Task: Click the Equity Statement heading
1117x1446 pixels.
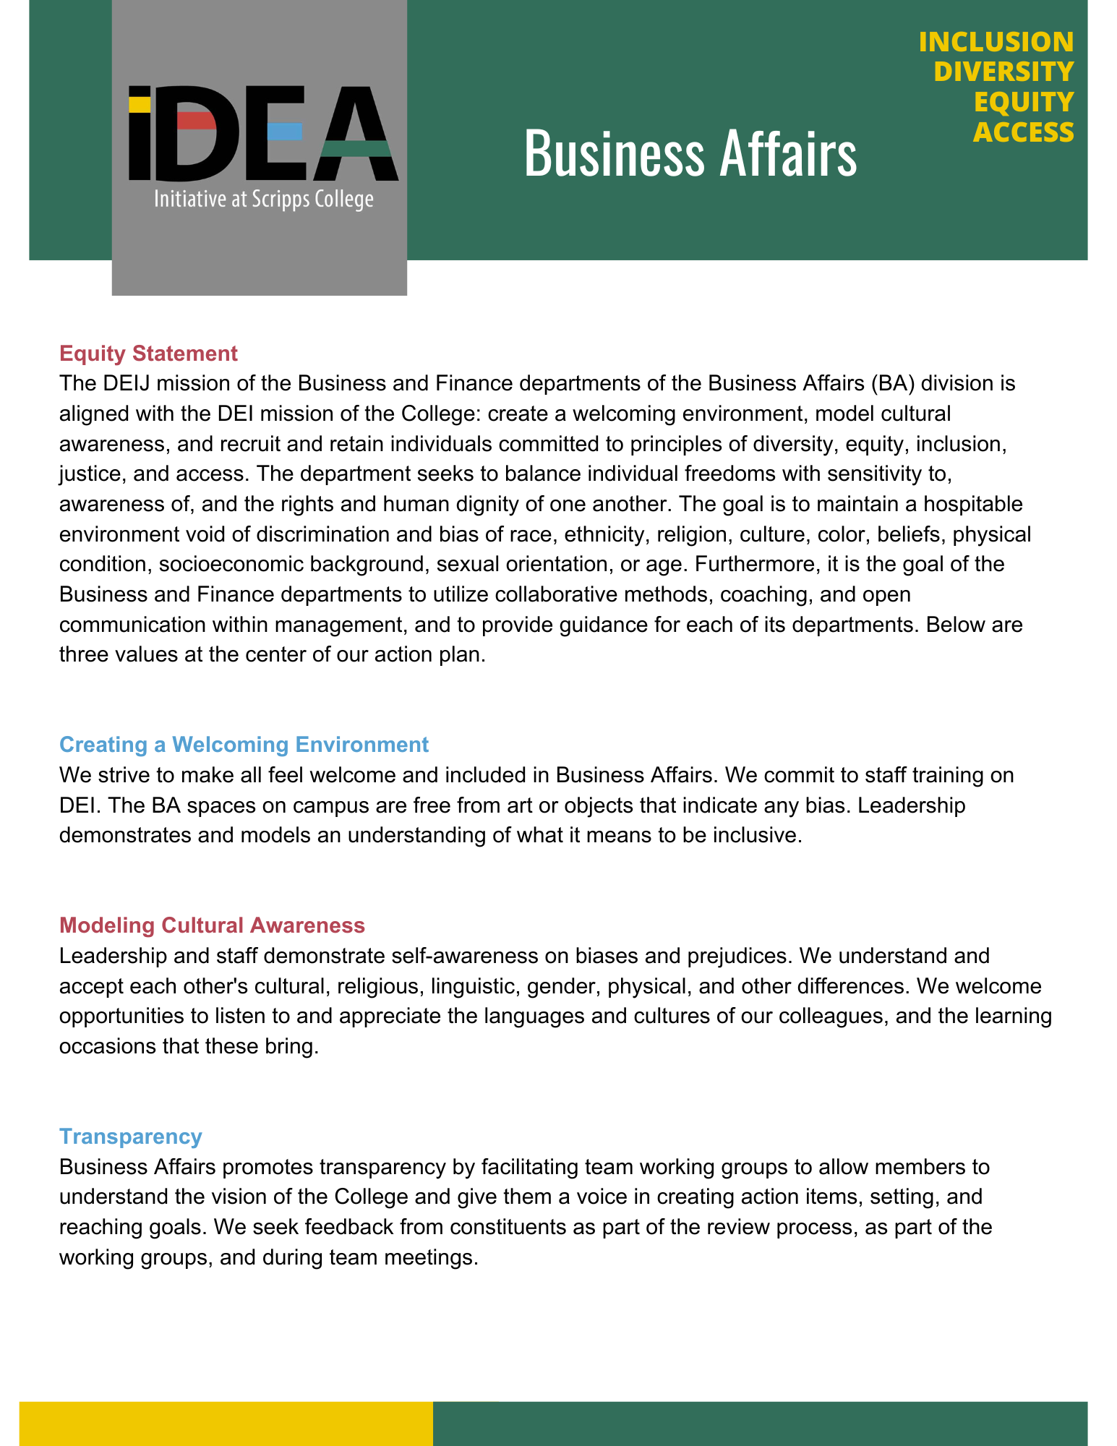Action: point(148,354)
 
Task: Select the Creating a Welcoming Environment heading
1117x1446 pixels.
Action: point(244,745)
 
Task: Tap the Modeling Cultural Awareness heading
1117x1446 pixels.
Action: point(212,925)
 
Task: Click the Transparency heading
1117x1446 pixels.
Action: point(130,1137)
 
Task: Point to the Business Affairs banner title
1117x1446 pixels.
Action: point(690,153)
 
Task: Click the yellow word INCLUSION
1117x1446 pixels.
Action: point(996,42)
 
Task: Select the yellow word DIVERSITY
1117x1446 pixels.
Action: point(1003,72)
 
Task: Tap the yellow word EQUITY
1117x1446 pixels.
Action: point(1023,103)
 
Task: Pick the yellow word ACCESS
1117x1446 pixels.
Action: point(1022,133)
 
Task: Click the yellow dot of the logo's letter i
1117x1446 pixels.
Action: point(140,104)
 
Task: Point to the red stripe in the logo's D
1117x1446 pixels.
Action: point(196,121)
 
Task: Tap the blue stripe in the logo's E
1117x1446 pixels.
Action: point(284,132)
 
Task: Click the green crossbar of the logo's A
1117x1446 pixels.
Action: point(356,149)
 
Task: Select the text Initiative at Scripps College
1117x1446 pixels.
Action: point(263,200)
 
